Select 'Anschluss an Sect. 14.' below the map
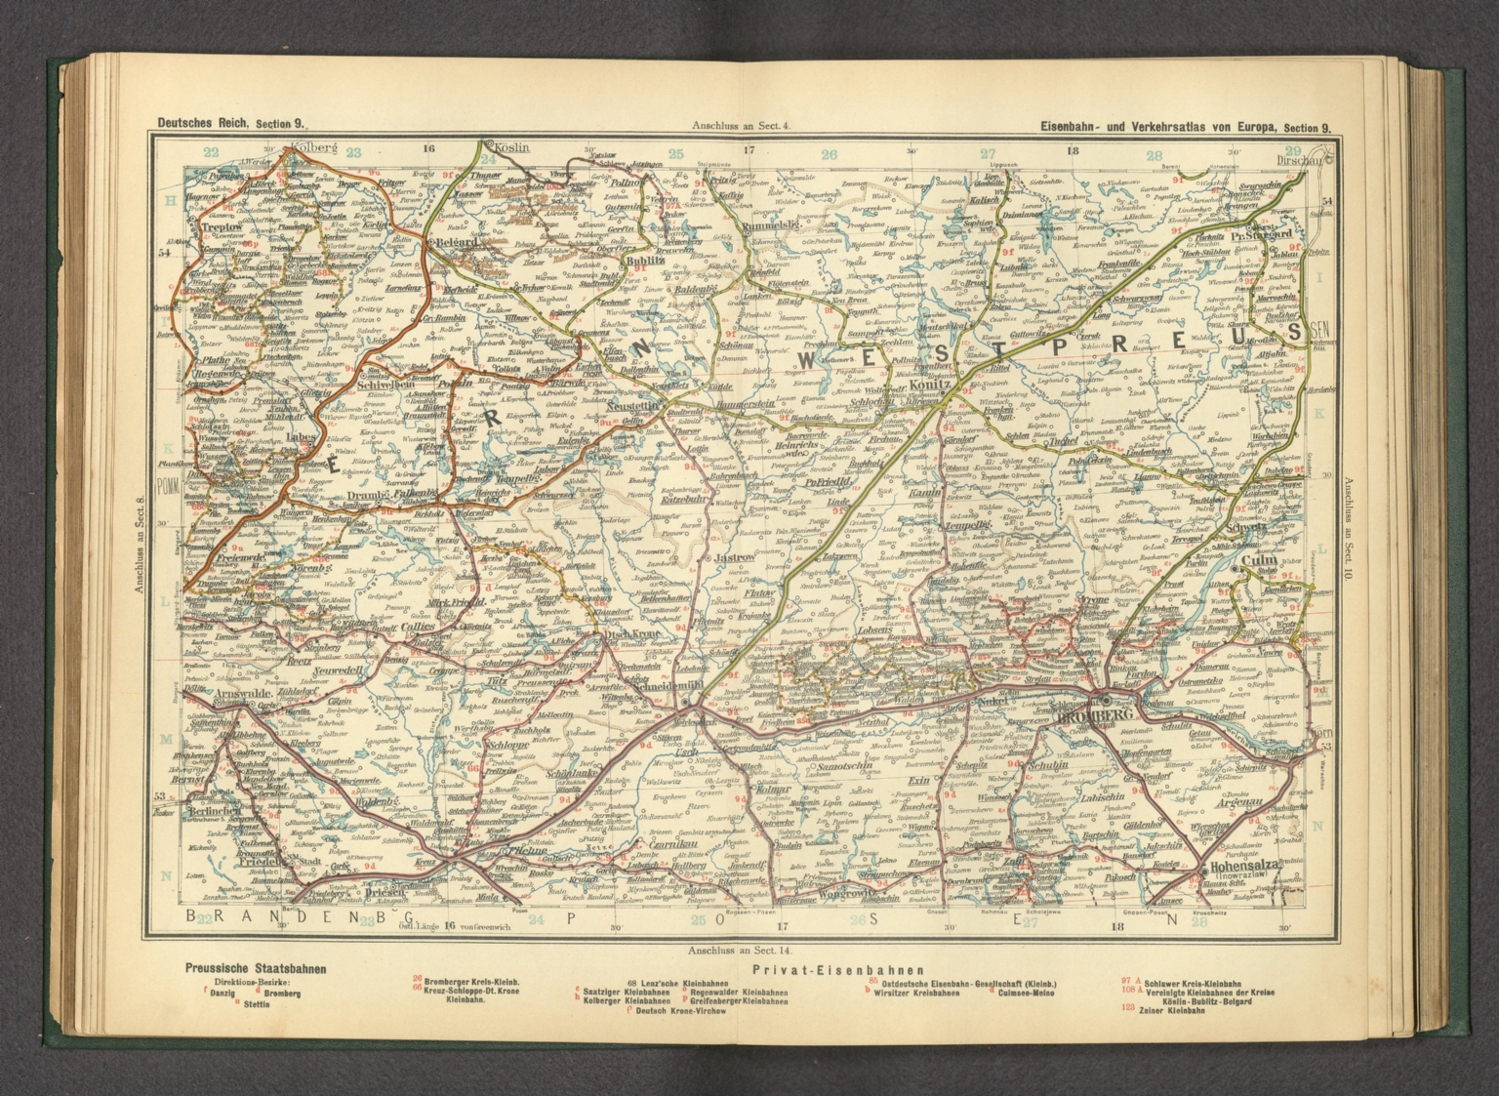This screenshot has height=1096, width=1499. pos(738,949)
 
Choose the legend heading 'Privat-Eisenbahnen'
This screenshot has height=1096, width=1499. pos(825,969)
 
